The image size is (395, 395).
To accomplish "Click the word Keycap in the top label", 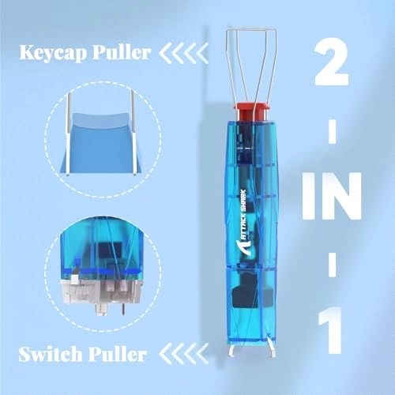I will [x=47, y=55].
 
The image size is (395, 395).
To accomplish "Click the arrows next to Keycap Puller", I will [x=184, y=55].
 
